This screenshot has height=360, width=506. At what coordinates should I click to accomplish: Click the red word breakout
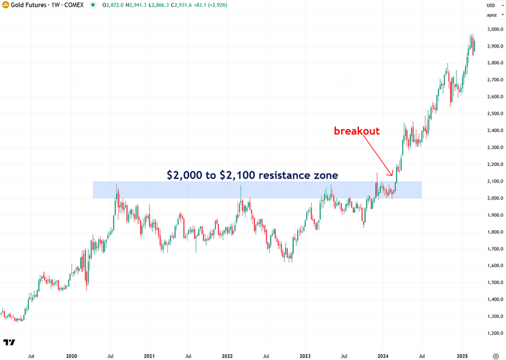[356, 131]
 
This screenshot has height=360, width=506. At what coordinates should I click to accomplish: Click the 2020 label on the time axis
[72, 355]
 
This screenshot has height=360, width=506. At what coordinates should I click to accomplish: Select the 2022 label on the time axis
[227, 355]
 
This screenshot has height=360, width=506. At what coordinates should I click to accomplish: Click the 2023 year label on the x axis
[305, 355]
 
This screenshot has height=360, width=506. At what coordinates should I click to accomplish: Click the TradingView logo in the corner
[9, 342]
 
